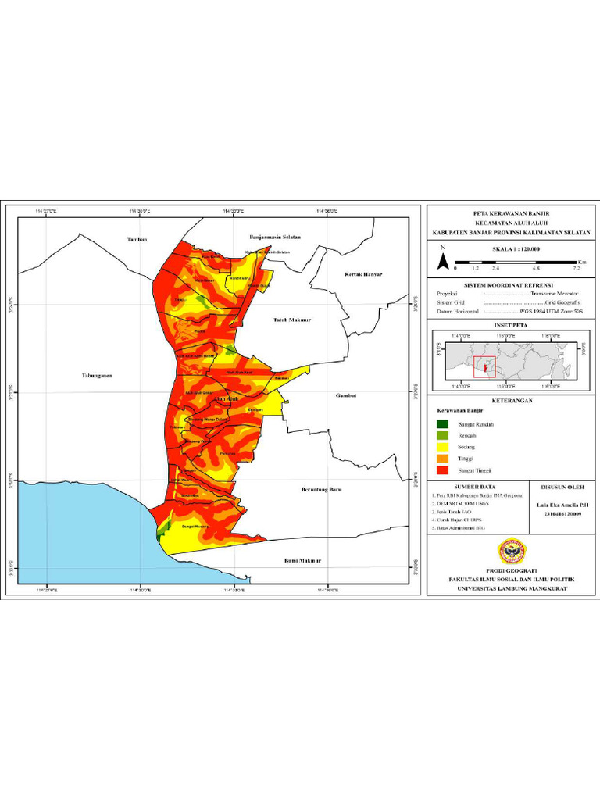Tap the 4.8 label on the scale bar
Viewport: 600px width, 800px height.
tap(536, 267)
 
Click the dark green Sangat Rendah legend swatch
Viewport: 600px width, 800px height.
tap(443, 424)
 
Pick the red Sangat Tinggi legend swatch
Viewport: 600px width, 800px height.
tap(443, 470)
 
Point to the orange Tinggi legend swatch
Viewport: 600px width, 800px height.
tap(443, 459)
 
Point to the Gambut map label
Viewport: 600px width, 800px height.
tap(345, 395)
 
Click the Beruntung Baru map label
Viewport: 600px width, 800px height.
tap(322, 490)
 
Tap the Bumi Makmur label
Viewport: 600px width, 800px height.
tap(302, 561)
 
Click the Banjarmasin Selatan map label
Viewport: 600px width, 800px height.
tap(274, 236)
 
